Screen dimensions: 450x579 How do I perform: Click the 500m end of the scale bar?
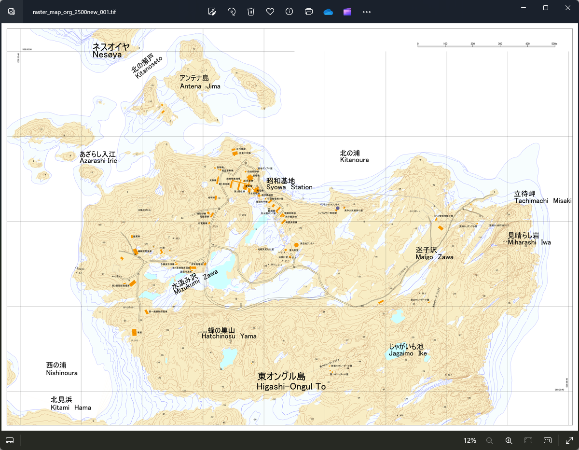[554, 44]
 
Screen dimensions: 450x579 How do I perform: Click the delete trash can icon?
[251, 12]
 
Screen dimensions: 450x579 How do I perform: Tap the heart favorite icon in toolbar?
[270, 12]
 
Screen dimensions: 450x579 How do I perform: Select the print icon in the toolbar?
[309, 12]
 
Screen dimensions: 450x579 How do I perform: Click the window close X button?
[568, 8]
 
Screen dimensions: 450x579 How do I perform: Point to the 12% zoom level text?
[470, 440]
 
